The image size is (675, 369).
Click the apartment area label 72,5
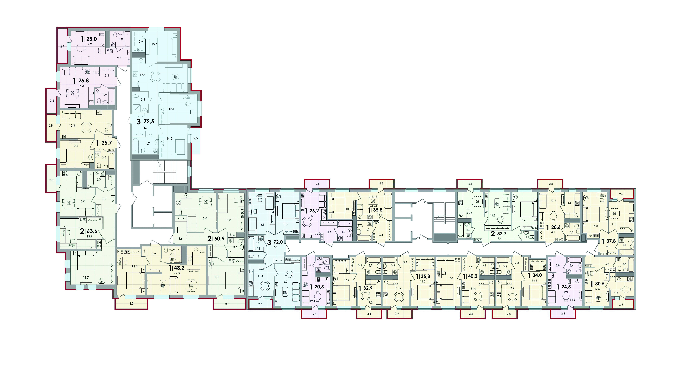tap(149, 122)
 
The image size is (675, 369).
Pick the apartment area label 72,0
tap(278, 242)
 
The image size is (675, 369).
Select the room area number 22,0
tap(177, 273)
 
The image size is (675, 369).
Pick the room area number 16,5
tap(451, 278)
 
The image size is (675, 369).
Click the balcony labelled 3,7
tap(62, 47)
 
